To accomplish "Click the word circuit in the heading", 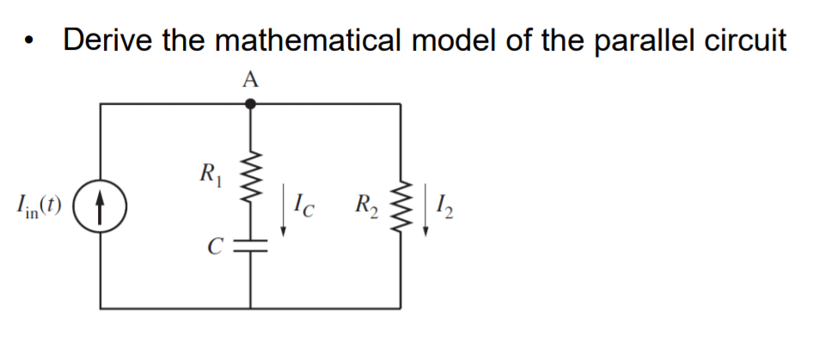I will pyautogui.click(x=744, y=40).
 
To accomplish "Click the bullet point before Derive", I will pyautogui.click(x=32, y=43).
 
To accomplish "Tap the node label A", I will pyautogui.click(x=250, y=80).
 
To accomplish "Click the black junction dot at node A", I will pyautogui.click(x=250, y=104).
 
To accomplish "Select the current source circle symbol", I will pyautogui.click(x=101, y=205).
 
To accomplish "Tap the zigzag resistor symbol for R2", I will pyautogui.click(x=401, y=206).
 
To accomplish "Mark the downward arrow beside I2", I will pyautogui.click(x=427, y=215).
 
